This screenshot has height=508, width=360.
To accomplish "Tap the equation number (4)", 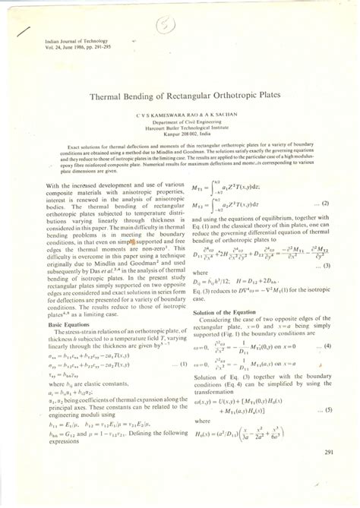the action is (325, 325).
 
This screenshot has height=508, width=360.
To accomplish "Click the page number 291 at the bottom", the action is (327, 453).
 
